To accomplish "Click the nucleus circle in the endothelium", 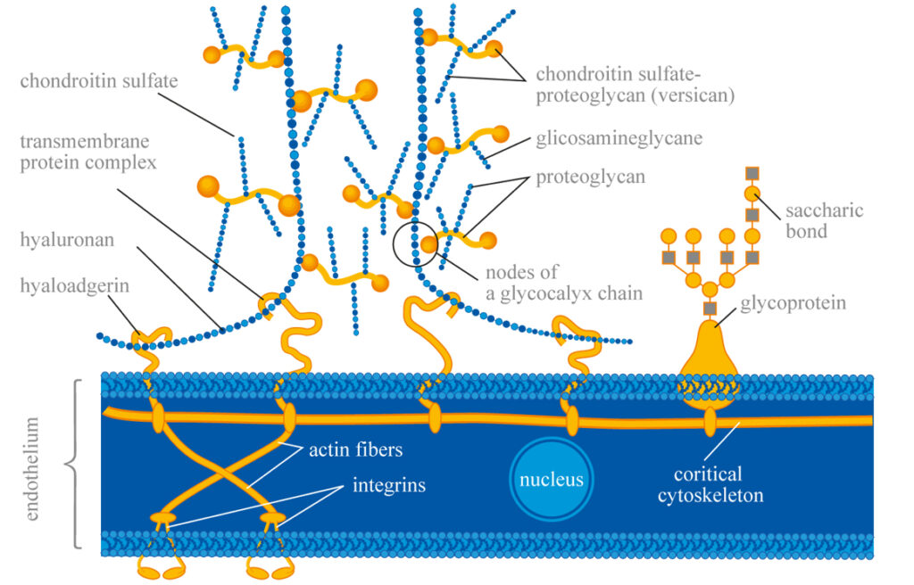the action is pos(551,479).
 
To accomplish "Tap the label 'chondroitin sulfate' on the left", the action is pos(99,80).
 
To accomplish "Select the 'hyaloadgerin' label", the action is pos(75,286).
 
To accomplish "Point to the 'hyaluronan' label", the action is pos(67,240).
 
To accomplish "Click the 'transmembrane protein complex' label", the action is pos(88,152).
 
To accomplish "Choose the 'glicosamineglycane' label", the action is pos(619,139).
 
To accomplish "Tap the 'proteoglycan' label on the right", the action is pos(591,177).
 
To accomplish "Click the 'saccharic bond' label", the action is pos(824,221).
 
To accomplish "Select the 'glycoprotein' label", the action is pos(793,303).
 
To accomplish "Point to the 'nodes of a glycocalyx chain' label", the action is pos(564,283).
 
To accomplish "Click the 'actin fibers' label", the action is pos(355,449).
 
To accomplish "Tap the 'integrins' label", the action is pos(389,485).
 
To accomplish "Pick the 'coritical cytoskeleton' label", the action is pos(710,484).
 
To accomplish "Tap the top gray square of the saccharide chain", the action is pos(752,173).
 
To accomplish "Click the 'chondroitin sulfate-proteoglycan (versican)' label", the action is pos(635,85).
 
